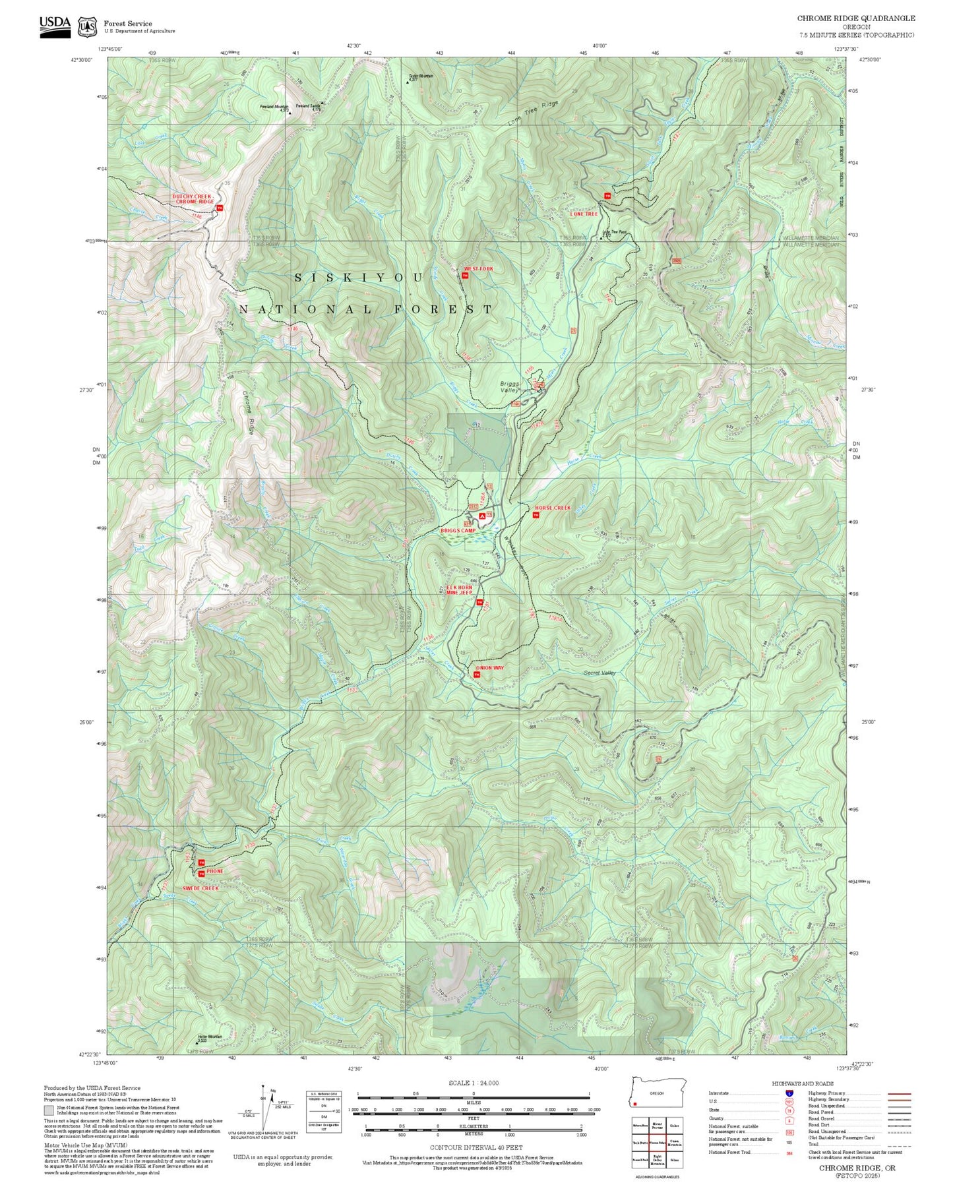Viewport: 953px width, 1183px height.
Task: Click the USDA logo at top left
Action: [55, 26]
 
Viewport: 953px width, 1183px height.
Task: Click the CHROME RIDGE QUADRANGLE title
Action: [855, 18]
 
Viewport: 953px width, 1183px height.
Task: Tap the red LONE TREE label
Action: [584, 214]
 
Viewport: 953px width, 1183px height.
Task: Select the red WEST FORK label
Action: [477, 269]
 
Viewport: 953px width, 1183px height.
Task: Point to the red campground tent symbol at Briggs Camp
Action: [481, 516]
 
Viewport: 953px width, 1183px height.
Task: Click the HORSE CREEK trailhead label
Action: [552, 508]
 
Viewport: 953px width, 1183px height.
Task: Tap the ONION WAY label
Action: [490, 668]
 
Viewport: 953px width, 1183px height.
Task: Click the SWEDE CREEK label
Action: [200, 888]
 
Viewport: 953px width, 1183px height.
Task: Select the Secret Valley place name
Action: [599, 673]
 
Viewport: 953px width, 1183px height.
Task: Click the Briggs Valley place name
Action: [509, 387]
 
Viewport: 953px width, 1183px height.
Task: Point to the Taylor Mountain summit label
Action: [421, 76]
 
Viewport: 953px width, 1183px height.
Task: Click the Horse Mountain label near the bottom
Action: [210, 1037]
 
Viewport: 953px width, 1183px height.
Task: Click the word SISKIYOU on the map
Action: [358, 278]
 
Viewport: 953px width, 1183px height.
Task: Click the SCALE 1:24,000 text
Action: [473, 1083]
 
